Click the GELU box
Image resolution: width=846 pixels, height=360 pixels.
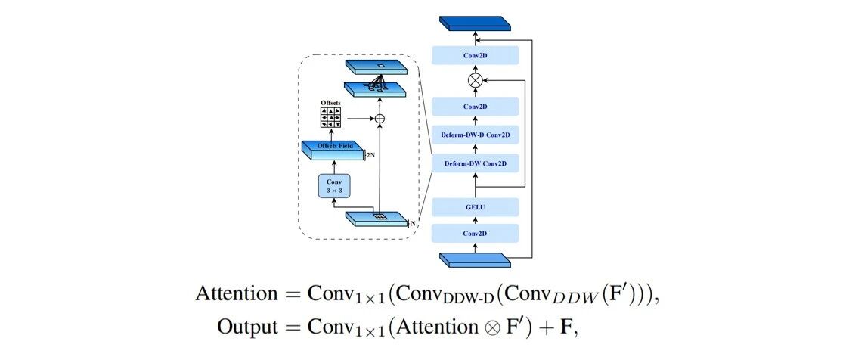pyautogui.click(x=475, y=206)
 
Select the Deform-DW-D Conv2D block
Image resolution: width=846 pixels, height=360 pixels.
pyautogui.click(x=475, y=135)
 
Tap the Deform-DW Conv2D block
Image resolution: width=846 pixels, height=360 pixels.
pyautogui.click(x=475, y=163)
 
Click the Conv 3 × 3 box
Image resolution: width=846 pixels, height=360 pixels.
pyautogui.click(x=334, y=186)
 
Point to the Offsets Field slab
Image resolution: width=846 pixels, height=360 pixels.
pyautogui.click(x=333, y=150)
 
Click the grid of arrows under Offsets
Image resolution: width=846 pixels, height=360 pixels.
pyautogui.click(x=331, y=117)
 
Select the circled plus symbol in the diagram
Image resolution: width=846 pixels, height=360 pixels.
pyautogui.click(x=381, y=118)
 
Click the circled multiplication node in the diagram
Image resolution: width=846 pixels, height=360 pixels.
pyautogui.click(x=475, y=80)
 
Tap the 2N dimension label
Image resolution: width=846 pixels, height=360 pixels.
pyautogui.click(x=370, y=155)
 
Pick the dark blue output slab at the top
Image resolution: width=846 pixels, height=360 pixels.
pyautogui.click(x=475, y=23)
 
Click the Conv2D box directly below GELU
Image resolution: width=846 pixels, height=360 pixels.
pyautogui.click(x=475, y=233)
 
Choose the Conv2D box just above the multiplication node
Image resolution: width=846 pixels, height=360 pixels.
pyautogui.click(x=475, y=107)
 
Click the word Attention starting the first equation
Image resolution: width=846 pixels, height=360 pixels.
pyautogui.click(x=236, y=293)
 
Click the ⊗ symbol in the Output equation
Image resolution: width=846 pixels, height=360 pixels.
pyautogui.click(x=494, y=327)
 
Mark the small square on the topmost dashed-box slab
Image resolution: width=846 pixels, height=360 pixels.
pyautogui.click(x=381, y=66)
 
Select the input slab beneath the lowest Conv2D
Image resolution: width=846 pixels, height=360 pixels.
pyautogui.click(x=475, y=259)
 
